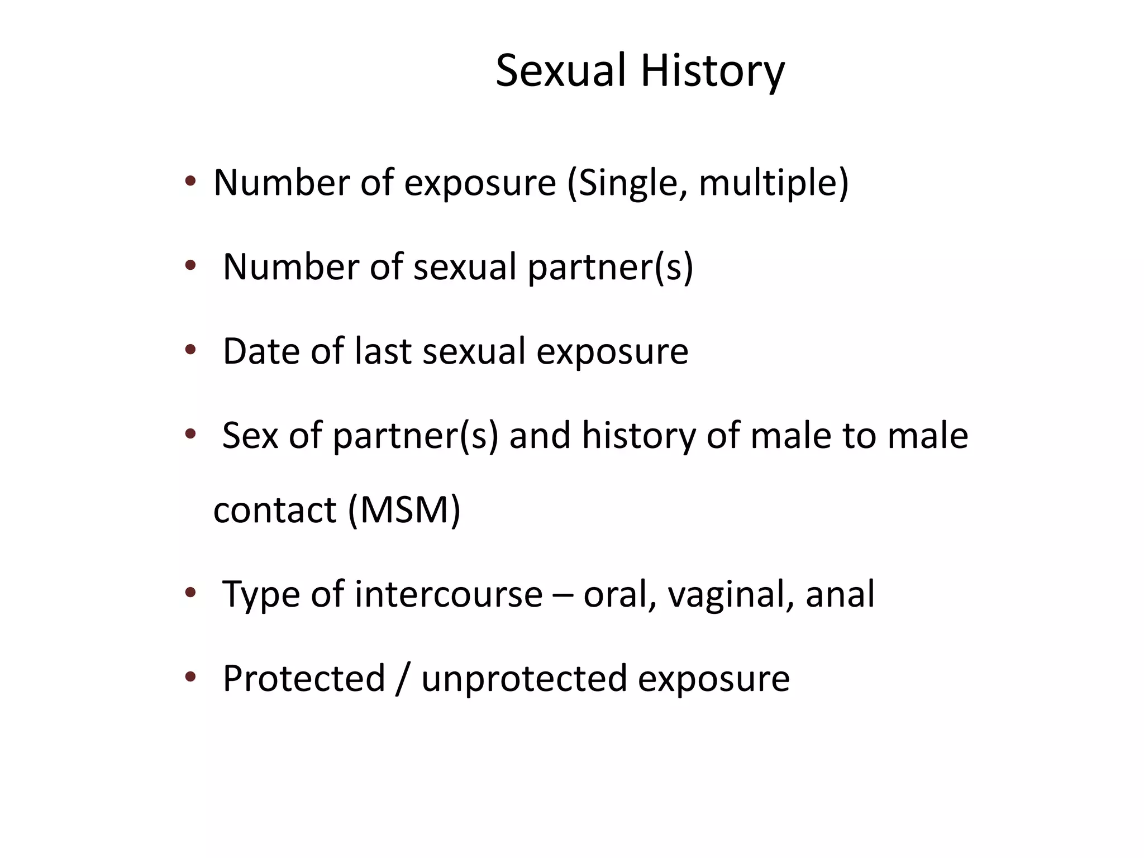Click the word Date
pyautogui.click(x=261, y=351)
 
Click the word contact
pyautogui.click(x=275, y=510)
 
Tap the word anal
pyautogui.click(x=840, y=594)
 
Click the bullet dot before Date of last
pyautogui.click(x=190, y=350)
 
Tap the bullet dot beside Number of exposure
pyautogui.click(x=190, y=181)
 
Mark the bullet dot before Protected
pyautogui.click(x=190, y=677)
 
